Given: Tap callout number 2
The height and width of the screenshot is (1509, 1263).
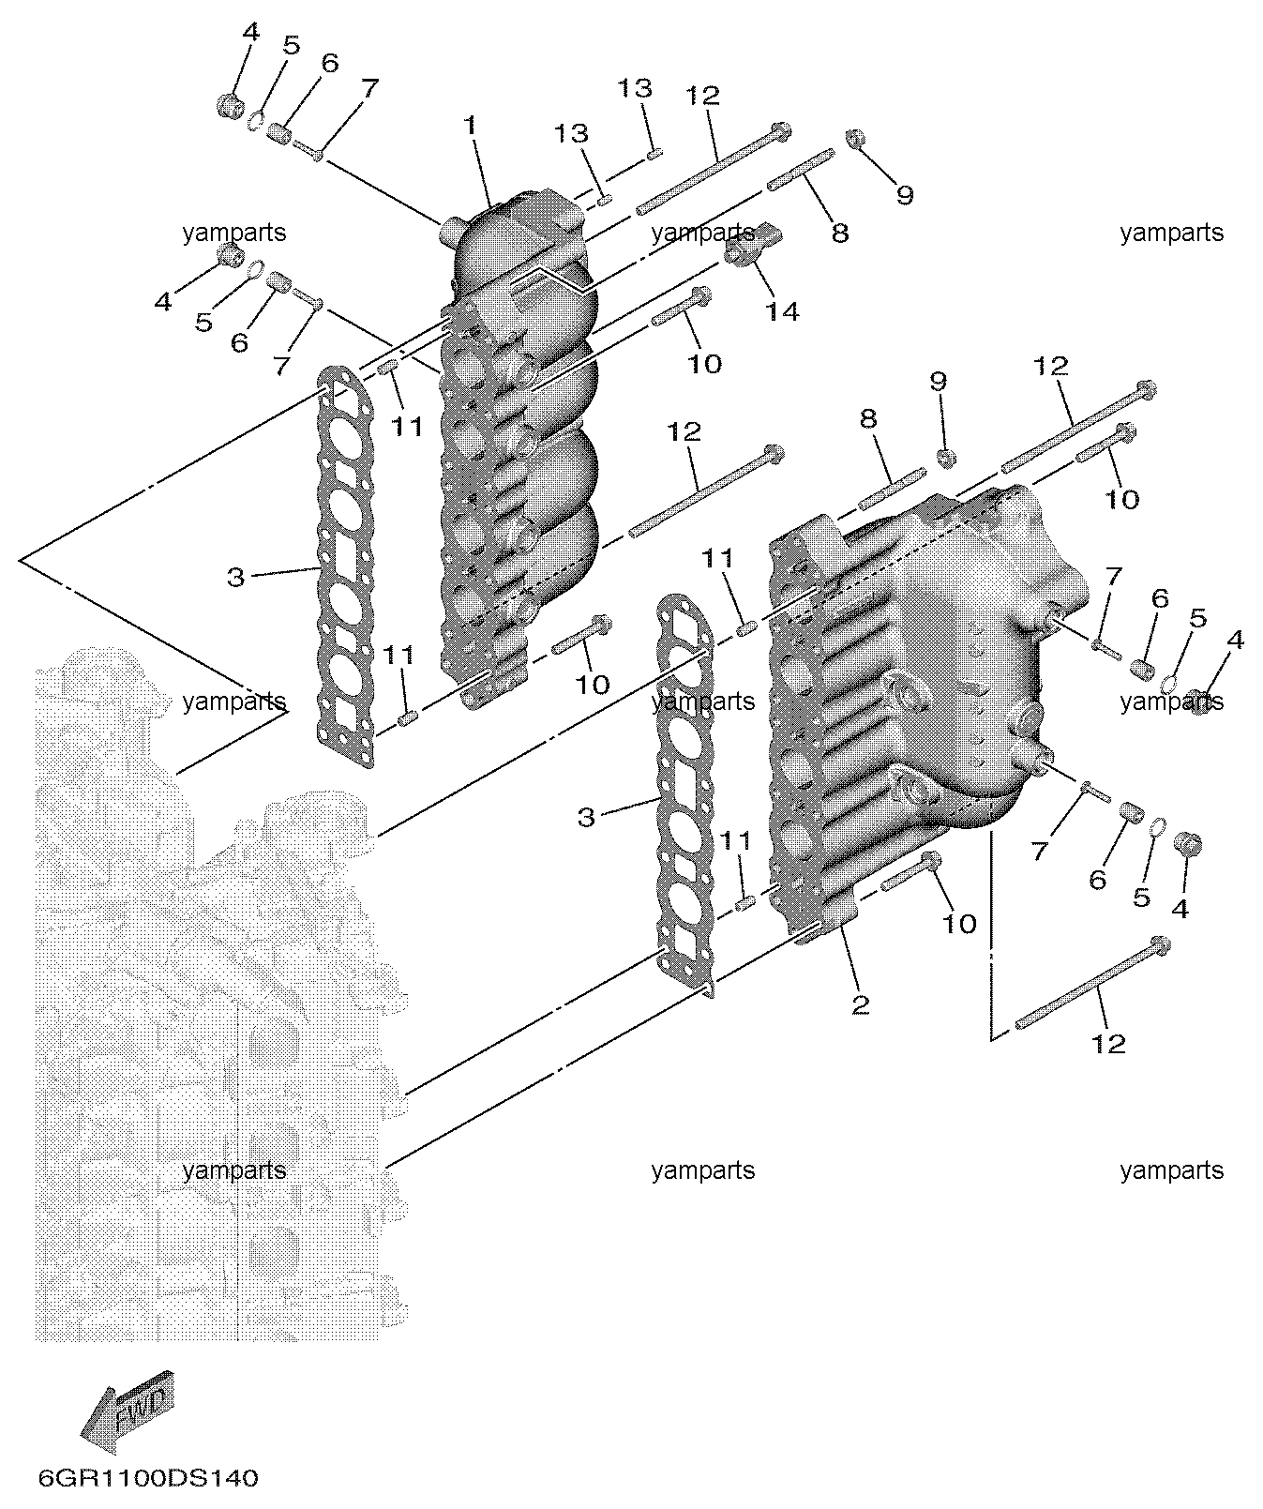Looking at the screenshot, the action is (861, 1004).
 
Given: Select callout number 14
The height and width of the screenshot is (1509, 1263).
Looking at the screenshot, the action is (782, 311).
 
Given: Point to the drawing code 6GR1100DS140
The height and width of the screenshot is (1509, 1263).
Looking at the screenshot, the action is (148, 1479).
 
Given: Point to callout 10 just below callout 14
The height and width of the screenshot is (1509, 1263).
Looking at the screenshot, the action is (704, 364).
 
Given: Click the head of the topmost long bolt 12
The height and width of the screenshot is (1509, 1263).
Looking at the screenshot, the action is (779, 131).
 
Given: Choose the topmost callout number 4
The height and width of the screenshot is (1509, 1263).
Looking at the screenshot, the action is (250, 32).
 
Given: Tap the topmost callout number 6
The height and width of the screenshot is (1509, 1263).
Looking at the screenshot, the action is (329, 63).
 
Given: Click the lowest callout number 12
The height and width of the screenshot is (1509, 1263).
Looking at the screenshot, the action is (1108, 1043).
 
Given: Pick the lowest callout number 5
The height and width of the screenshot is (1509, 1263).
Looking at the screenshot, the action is (1141, 898).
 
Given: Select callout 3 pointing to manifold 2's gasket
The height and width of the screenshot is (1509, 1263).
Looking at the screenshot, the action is (586, 817).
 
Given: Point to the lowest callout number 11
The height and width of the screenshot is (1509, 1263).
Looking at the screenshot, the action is (736, 840).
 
